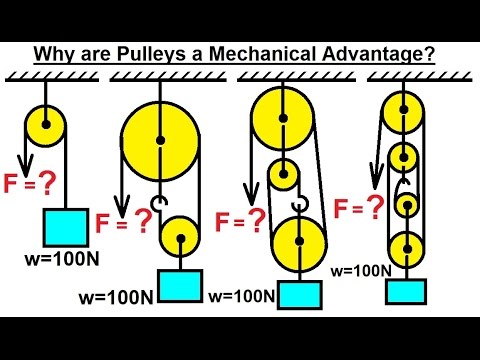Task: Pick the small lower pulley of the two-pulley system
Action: click(183, 240)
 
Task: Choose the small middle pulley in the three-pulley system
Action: click(283, 174)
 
